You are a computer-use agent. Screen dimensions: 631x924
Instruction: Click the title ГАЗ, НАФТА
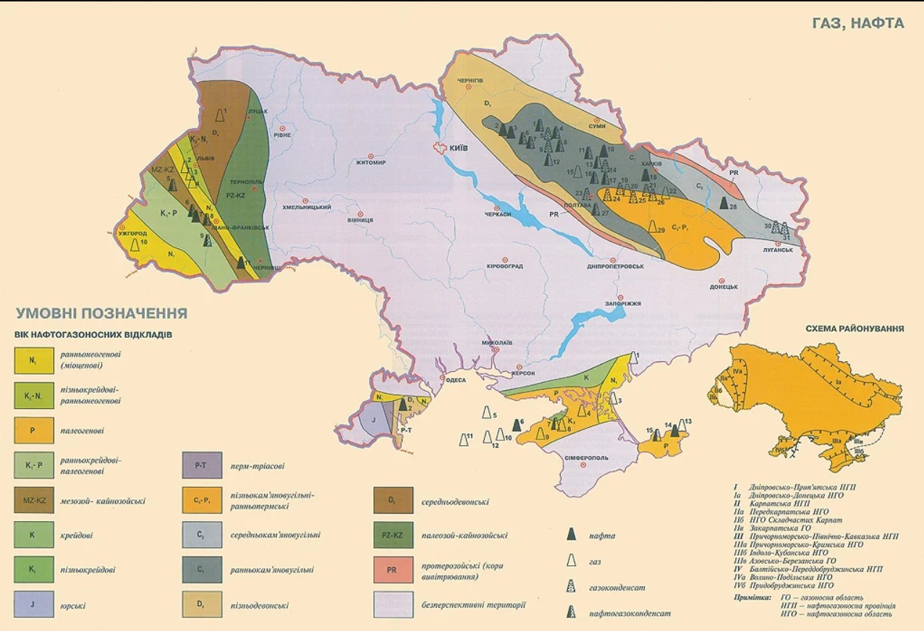pos(858,23)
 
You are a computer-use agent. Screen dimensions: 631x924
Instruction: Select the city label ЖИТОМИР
pos(373,163)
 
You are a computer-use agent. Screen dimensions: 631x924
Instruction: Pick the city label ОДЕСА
pos(455,379)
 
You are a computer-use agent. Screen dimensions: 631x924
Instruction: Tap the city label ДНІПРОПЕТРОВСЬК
pos(615,266)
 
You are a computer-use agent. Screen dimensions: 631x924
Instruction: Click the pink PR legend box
pos(391,570)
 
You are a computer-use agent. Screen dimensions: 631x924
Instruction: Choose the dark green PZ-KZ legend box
pos(391,535)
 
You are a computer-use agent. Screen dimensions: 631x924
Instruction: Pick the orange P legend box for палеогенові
pos(33,430)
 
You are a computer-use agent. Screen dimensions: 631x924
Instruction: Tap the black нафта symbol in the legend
pos(571,535)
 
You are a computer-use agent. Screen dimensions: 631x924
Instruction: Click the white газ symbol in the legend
pos(571,561)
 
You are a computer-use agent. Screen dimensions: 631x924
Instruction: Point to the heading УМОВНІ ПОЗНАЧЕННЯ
pos(101,313)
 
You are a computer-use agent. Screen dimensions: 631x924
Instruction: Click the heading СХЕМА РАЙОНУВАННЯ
pos(855,328)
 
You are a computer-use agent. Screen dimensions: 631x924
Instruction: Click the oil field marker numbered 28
pos(724,206)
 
